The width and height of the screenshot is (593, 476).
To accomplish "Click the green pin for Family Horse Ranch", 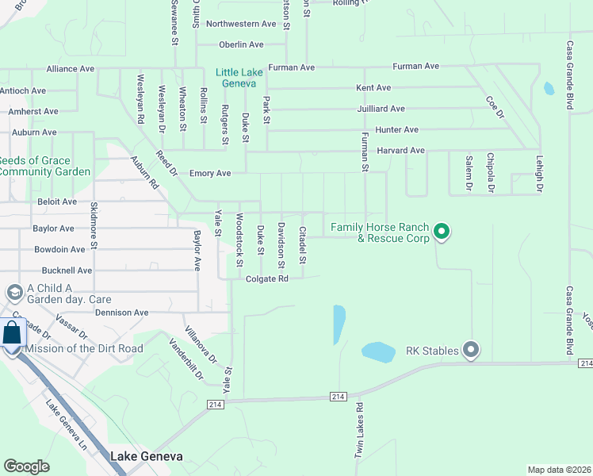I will coord(442,232).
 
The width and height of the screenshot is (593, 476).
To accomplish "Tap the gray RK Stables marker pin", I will coord(472,349).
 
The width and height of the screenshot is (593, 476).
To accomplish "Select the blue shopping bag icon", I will coord(13,334).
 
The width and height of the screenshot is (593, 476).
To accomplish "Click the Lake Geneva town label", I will coord(147,456).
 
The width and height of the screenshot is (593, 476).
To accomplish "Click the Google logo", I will coord(26,466).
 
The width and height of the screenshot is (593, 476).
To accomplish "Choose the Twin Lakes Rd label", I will coord(359,430).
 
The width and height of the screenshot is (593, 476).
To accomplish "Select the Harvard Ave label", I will coord(400,150).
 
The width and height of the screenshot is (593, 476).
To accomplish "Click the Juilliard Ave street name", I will coord(381,109).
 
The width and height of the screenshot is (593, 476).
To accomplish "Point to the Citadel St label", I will coord(303,245).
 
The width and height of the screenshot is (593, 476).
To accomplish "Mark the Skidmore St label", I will coord(94,236).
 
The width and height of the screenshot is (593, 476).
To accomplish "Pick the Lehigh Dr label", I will coord(538,174).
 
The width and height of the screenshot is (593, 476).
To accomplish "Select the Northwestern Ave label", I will coord(241,24).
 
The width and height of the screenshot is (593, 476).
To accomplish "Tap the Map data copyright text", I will coord(559,470).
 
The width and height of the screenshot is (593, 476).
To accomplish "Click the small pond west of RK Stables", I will coord(379,350).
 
